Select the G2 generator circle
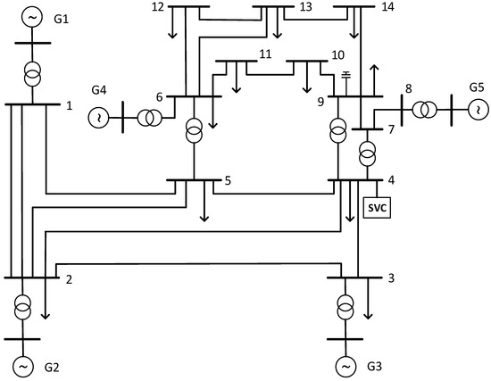point(23,366)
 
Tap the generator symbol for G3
point(345,366)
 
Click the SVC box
point(376,207)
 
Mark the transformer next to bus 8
point(427,110)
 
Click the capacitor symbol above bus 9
point(344,74)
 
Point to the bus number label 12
point(158,7)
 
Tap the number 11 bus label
point(264,54)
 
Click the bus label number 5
point(228,181)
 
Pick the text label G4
point(98,90)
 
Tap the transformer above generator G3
point(345,308)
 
